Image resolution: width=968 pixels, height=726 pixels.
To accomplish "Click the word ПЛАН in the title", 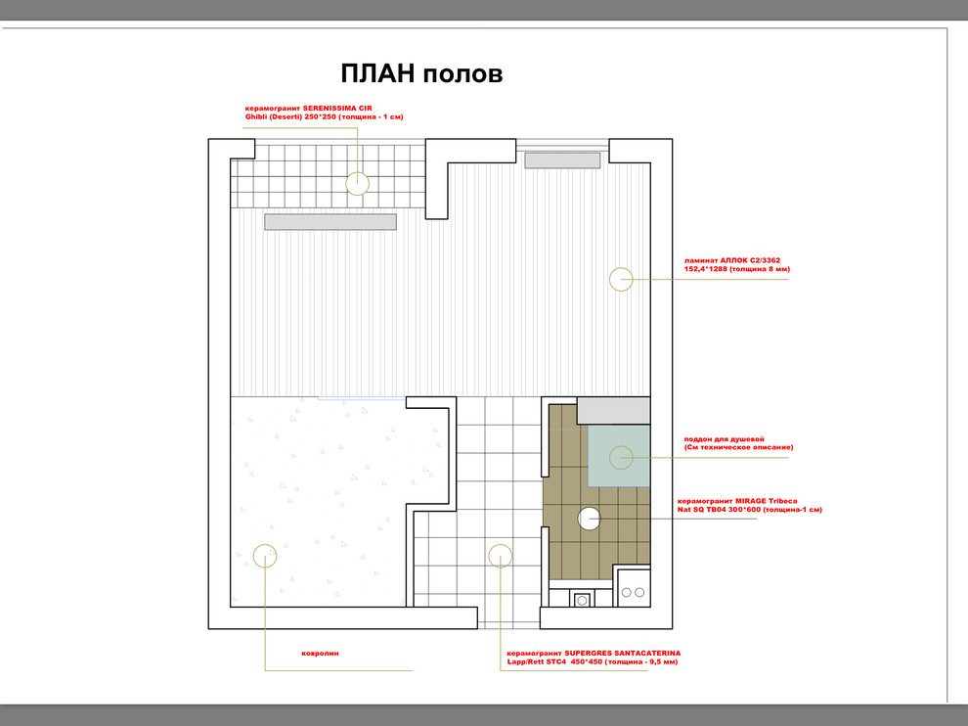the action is point(377,73).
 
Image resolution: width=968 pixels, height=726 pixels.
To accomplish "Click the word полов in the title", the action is point(463,74).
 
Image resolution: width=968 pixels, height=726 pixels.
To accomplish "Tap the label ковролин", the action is point(320,653).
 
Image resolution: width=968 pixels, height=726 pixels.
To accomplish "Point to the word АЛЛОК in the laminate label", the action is point(734,260).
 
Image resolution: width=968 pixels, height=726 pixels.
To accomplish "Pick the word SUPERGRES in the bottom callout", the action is point(588,653).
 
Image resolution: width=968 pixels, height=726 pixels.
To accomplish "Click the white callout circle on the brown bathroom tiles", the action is point(590,519).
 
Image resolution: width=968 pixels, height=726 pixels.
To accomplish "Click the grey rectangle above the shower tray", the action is point(614,411).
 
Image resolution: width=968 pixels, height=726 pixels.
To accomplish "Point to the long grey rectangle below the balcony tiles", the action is point(330,222).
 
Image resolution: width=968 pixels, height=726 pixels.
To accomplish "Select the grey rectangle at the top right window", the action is point(562,160).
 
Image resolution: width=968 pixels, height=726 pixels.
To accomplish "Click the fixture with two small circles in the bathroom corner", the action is point(633,588).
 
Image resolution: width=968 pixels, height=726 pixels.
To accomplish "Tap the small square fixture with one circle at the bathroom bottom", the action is point(582,599).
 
